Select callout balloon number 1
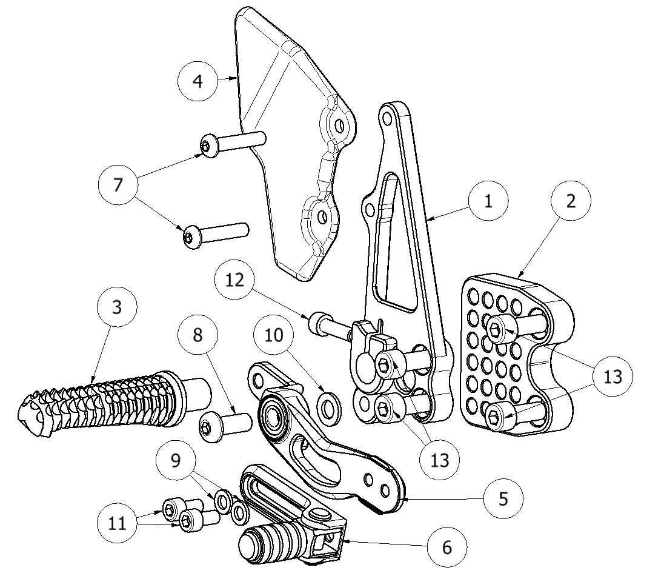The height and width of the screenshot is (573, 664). coord(488,201)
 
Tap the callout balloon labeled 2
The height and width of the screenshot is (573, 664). coord(571,201)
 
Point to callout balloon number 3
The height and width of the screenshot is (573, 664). coord(117,307)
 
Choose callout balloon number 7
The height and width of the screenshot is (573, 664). coord(118,184)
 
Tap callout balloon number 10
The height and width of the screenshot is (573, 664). coord(274,335)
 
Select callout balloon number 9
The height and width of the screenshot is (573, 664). coord(176,461)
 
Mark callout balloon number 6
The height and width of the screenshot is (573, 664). coord(447,547)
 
